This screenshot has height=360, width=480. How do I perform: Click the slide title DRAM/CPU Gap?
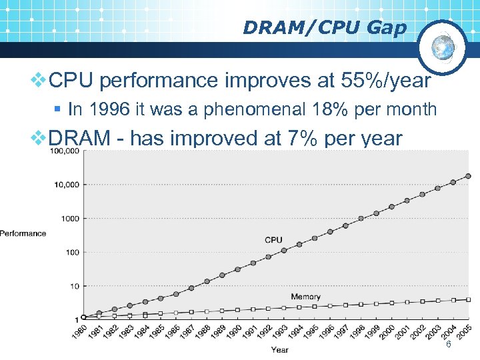(x=324, y=27)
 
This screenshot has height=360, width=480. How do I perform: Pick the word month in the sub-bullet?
(x=413, y=110)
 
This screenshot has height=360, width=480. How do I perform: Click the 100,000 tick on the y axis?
(x=64, y=151)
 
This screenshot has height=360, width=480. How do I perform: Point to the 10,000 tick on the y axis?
(x=67, y=184)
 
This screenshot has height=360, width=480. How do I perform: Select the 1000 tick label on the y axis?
(x=69, y=218)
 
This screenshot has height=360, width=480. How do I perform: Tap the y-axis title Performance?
(x=23, y=233)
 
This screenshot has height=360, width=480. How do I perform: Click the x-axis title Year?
(x=280, y=349)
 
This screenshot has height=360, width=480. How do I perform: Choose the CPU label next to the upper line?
(x=273, y=239)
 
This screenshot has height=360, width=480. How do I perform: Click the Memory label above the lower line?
(x=306, y=297)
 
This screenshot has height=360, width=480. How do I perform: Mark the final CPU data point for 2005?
(x=468, y=177)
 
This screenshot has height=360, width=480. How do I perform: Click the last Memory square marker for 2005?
(x=468, y=300)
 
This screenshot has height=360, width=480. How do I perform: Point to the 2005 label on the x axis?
(x=464, y=331)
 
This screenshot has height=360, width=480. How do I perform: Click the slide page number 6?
(x=449, y=344)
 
